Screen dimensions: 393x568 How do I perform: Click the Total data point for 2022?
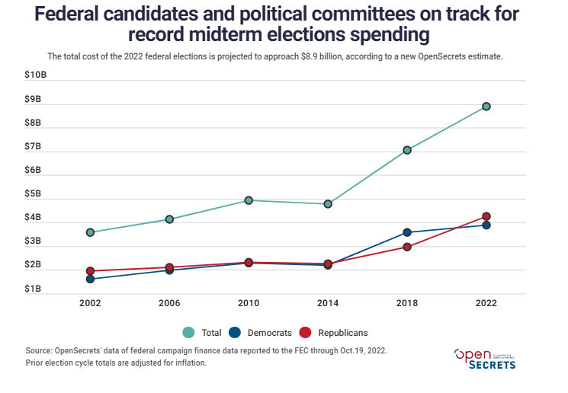click(x=486, y=107)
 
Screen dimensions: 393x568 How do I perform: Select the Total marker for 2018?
click(x=407, y=150)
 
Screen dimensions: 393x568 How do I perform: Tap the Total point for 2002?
click(x=90, y=232)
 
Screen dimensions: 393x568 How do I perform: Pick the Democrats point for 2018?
click(x=407, y=232)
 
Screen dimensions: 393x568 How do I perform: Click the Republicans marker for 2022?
click(x=486, y=216)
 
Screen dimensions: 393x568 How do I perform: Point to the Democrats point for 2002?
click(x=90, y=279)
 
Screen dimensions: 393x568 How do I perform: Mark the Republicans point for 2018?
click(x=407, y=247)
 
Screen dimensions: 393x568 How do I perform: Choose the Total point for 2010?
click(x=249, y=200)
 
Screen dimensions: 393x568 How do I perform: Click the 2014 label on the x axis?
click(x=328, y=302)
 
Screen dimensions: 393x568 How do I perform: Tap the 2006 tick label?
click(x=169, y=302)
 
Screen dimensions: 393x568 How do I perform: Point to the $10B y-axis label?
click(x=35, y=75)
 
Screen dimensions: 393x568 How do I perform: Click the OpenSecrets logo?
click(x=485, y=359)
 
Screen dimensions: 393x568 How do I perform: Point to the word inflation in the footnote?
click(x=186, y=363)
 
